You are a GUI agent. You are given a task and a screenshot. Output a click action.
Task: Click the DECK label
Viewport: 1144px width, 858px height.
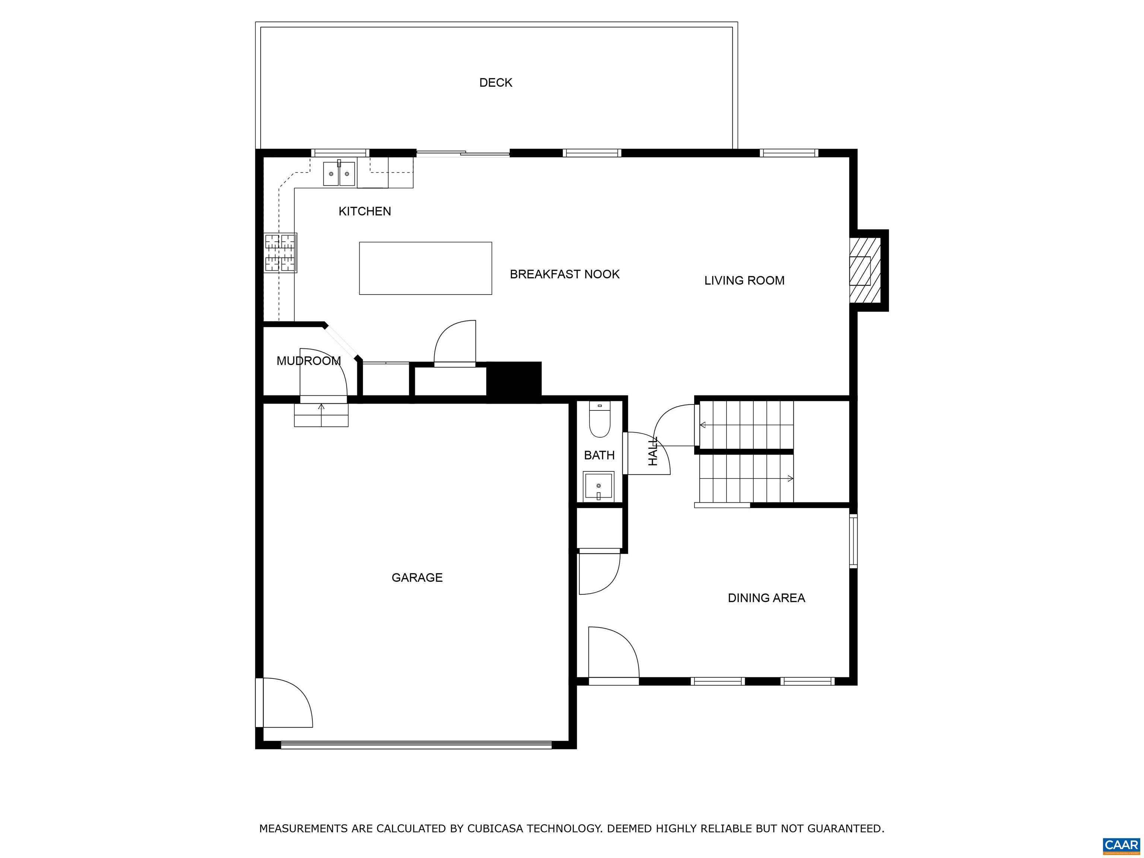(x=495, y=83)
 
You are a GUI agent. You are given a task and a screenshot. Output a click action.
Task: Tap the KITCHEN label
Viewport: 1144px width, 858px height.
(x=365, y=211)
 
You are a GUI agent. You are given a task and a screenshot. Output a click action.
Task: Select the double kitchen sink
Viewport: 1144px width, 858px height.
(x=339, y=173)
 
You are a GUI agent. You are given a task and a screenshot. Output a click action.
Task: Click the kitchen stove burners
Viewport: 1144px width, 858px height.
(x=281, y=252)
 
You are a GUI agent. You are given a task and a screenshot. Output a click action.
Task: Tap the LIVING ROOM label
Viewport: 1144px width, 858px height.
(x=744, y=280)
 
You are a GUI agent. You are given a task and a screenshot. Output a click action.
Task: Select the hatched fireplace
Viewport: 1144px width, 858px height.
(x=865, y=270)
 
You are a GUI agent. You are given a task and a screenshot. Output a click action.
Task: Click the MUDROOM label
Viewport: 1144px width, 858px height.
(x=308, y=361)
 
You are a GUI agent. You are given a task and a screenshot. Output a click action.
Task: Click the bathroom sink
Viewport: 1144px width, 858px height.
(x=598, y=486)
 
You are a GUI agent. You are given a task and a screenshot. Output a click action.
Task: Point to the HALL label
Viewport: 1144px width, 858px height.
(x=653, y=451)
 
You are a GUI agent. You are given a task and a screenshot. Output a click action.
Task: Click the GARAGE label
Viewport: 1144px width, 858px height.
(x=417, y=577)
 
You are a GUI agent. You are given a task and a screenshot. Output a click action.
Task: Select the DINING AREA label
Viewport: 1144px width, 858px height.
(x=766, y=598)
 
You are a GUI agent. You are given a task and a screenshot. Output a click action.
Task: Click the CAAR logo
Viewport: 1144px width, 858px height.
(x=1121, y=845)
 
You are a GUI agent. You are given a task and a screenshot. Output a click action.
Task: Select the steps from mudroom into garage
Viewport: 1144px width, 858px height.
(x=321, y=415)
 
